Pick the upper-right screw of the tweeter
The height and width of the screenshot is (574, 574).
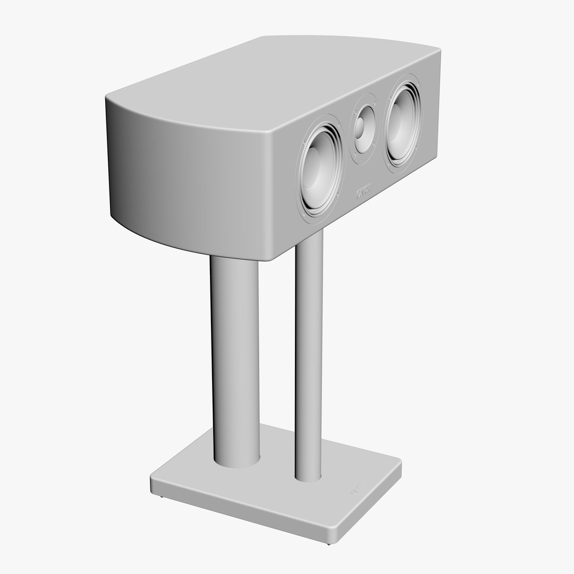tap(375, 103)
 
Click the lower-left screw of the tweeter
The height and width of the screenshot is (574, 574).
tap(353, 154)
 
